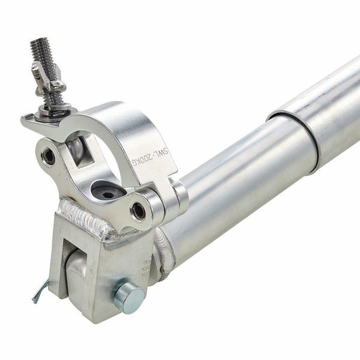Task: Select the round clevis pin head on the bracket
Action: pyautogui.click(x=129, y=296)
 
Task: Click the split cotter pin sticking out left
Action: pyautogui.click(x=41, y=291)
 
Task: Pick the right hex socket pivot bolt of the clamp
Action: pyautogui.click(x=138, y=211)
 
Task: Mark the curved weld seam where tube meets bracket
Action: pyautogui.click(x=163, y=252)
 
